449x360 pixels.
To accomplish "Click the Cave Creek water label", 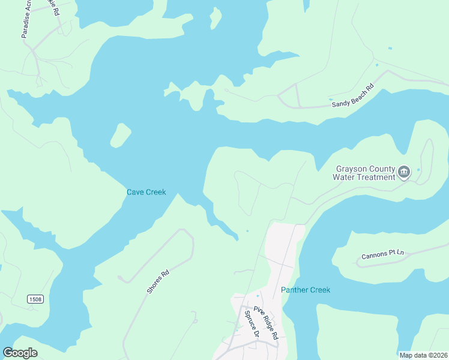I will pyautogui.click(x=146, y=193).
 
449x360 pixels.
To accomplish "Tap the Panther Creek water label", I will pyautogui.click(x=306, y=290).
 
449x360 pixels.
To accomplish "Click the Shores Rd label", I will pyautogui.click(x=158, y=281).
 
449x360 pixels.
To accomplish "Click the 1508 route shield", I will pyautogui.click(x=36, y=299).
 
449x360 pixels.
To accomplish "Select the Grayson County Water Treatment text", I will pyautogui.click(x=365, y=173).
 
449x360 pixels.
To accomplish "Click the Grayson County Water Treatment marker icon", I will pyautogui.click(x=404, y=173).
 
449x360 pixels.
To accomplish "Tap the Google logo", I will pyautogui.click(x=20, y=353).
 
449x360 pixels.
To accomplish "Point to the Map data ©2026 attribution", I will pyautogui.click(x=423, y=355).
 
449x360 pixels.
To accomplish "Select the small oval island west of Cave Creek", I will pyautogui.click(x=121, y=135).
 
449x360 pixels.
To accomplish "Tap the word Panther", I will pyautogui.click(x=294, y=290).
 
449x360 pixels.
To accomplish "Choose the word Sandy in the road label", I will pyautogui.click(x=340, y=102).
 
